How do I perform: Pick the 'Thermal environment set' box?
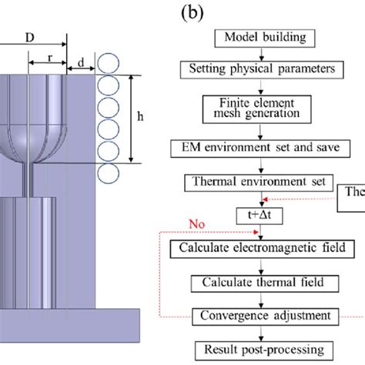point(256,183)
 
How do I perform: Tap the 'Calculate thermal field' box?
point(262,283)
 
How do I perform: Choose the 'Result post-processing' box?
point(262,348)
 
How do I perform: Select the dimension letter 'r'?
point(48,58)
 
